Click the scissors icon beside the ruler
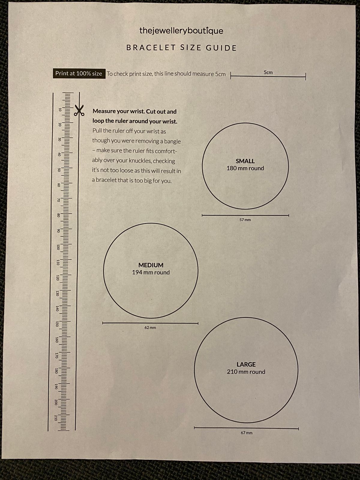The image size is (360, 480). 79,110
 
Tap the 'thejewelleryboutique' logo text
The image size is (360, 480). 181,31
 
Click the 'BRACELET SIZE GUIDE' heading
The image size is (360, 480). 181,48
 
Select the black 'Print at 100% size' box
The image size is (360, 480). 79,73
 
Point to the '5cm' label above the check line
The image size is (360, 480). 268,72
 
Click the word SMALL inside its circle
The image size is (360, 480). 245,161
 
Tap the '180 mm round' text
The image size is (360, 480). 245,168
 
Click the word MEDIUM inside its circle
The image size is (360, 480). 151,265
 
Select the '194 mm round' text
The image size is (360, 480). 151,272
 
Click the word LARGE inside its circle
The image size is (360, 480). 246,364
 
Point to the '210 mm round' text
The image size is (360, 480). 246,372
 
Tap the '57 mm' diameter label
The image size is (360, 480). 245,220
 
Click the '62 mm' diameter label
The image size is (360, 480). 150,328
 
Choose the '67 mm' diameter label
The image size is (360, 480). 247,433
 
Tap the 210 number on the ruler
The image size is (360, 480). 55,418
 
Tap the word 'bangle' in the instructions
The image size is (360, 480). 172,141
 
